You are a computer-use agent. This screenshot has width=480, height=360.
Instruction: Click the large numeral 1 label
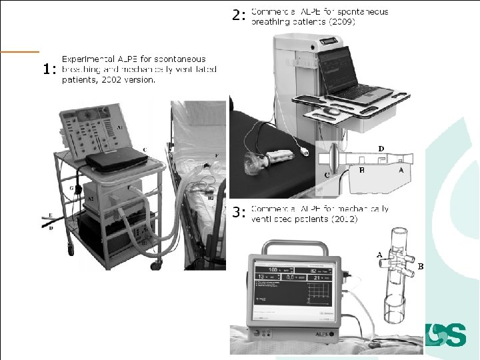[46, 69]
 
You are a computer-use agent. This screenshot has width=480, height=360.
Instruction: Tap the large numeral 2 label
[237, 15]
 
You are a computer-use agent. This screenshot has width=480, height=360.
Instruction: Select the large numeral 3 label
[237, 213]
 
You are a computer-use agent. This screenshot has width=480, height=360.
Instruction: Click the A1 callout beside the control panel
[120, 126]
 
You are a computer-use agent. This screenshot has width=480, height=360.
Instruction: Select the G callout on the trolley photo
[71, 189]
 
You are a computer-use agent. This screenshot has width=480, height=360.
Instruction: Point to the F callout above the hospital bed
[215, 155]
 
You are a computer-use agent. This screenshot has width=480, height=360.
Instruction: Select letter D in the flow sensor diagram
[381, 147]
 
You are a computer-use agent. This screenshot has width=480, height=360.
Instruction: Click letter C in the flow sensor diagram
[327, 174]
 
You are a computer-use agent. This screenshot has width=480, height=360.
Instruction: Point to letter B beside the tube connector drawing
[420, 266]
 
